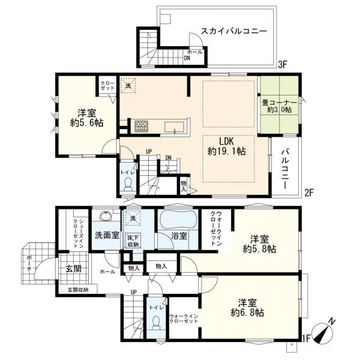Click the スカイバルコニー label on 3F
[x=234, y=31]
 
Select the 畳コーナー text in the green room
[x=280, y=102]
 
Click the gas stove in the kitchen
[x=140, y=126]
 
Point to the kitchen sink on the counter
[x=174, y=127]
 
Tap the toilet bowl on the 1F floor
[x=156, y=322]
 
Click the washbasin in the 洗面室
[x=106, y=216]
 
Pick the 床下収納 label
[x=133, y=241]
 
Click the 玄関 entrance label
[x=73, y=269]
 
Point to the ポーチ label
[x=29, y=263]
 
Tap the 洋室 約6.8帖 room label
[x=247, y=308]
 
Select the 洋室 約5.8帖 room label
[x=259, y=244]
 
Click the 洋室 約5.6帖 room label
[x=87, y=118]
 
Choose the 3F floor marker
[x=283, y=65]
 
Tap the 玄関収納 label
[x=78, y=290]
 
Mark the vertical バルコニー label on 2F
[x=286, y=169]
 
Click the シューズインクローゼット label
[x=77, y=233]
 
